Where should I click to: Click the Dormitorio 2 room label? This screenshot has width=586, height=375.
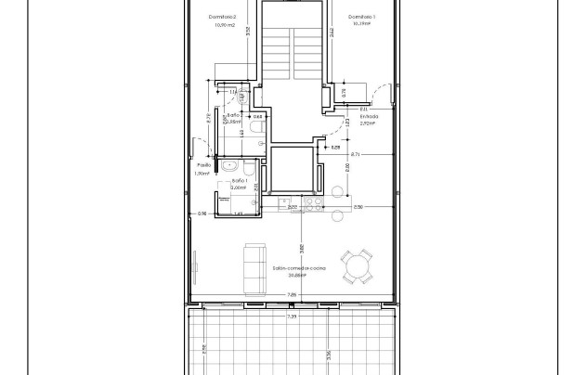tap(223, 18)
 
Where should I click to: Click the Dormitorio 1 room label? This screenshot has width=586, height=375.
tap(361, 17)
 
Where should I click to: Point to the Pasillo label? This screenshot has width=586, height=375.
tap(203, 166)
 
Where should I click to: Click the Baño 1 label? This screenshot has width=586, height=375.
tap(238, 180)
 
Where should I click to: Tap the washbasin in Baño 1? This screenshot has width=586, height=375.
tap(228, 167)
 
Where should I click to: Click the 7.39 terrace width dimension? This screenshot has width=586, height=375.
tap(292, 317)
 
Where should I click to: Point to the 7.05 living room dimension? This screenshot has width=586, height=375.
tap(292, 296)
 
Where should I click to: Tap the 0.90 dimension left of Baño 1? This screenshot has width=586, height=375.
tap(202, 214)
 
